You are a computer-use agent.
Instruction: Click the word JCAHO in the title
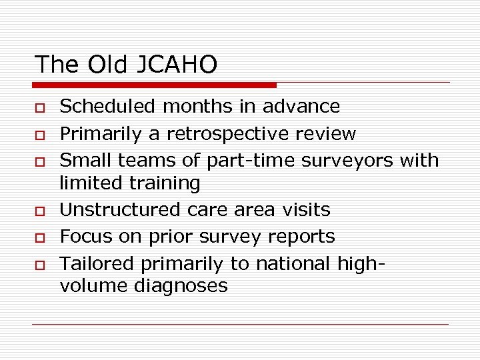pos(179,65)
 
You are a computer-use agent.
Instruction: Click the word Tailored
pos(93,264)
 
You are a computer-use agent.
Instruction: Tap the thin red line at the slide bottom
pos(240,325)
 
